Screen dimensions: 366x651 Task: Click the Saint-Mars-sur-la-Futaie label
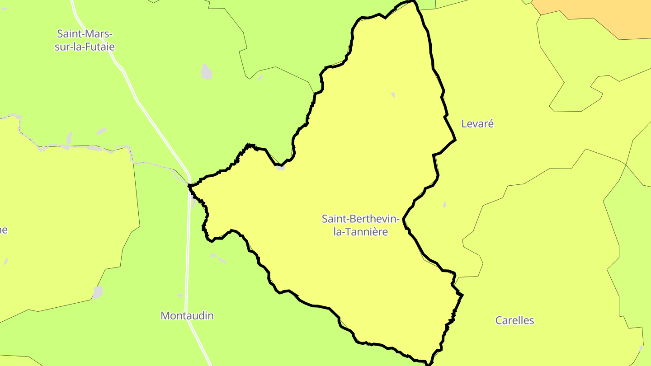85,40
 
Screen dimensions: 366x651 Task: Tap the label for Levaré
477,123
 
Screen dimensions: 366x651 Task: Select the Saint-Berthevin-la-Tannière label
360,225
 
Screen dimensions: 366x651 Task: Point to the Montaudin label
187,315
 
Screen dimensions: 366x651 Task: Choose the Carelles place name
514,320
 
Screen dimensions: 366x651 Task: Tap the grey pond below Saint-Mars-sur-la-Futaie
206,71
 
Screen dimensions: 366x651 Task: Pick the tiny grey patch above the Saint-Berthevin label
393,94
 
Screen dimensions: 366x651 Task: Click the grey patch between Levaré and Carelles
444,204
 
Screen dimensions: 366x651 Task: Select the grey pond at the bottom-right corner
641,348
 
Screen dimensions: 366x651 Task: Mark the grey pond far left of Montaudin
98,292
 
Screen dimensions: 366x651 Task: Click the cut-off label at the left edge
4,230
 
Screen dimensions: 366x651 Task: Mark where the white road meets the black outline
189,185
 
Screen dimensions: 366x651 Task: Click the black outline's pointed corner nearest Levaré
455,140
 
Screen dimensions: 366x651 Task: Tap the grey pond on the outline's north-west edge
280,167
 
